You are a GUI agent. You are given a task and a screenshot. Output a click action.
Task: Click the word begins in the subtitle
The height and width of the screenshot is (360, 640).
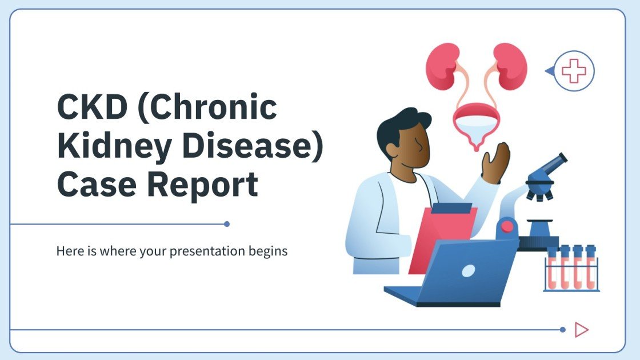point(268,251)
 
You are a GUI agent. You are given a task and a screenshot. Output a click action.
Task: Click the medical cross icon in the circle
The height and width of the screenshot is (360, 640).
point(574,71)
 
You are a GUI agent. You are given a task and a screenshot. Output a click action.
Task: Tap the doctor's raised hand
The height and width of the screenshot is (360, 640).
point(495,163)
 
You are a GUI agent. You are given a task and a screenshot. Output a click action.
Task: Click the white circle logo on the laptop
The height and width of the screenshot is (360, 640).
point(468,270)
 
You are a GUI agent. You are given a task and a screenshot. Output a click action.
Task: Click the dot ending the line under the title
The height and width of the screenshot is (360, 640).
point(227,224)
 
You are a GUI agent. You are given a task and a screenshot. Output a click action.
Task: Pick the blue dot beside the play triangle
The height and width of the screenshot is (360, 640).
point(563,330)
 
